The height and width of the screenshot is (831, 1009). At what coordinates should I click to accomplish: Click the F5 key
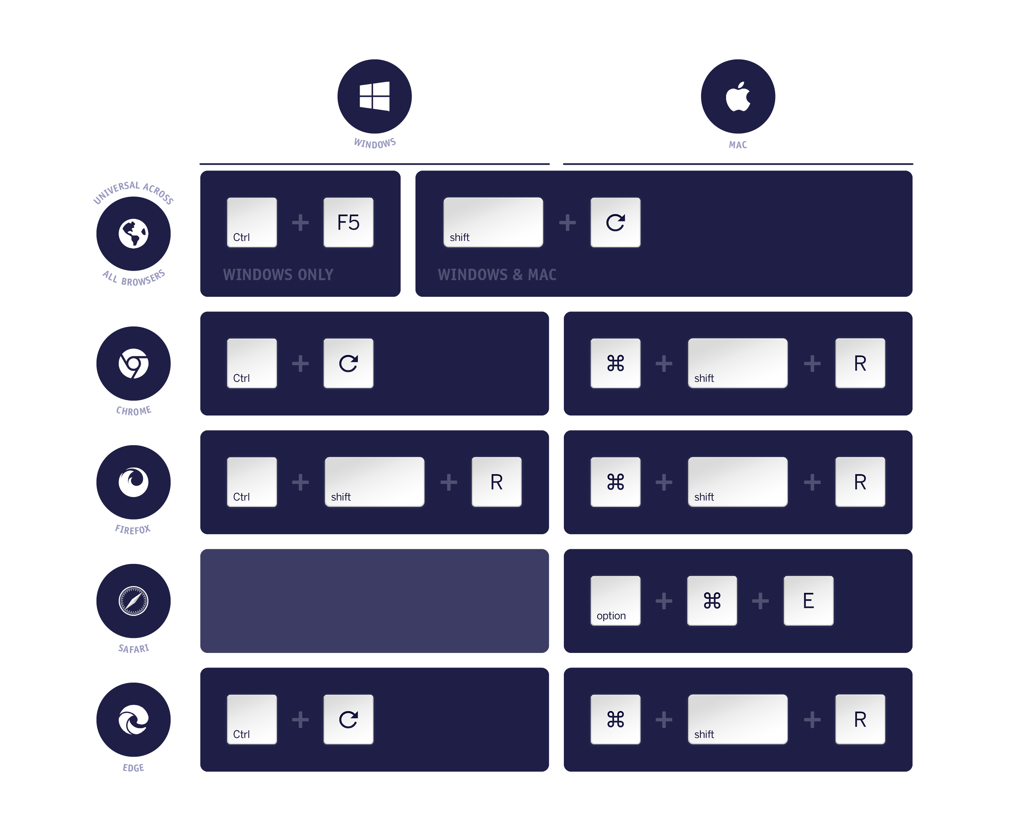coord(348,222)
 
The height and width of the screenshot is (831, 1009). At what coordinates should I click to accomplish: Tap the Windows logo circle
coord(374,96)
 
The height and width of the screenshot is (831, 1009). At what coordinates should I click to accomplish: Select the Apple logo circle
coord(738,96)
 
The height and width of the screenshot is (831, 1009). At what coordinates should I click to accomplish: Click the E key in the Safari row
coord(808,600)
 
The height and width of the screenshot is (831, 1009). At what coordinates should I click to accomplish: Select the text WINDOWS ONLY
coord(278,275)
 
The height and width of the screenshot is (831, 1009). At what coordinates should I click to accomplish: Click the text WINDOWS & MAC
coord(497,275)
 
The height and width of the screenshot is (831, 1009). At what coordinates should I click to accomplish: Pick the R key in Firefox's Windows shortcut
coord(496,482)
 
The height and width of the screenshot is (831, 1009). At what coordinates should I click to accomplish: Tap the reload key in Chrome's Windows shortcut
coord(348,363)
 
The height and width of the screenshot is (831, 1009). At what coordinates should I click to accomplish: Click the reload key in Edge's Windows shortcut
coord(348,719)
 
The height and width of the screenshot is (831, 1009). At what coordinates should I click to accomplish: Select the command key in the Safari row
coord(712,600)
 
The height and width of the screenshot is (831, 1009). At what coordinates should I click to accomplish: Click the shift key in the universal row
coord(493,222)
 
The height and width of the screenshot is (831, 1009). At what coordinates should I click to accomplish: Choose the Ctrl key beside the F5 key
coord(252,222)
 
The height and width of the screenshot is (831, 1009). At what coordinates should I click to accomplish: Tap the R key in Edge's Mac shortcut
coord(860,719)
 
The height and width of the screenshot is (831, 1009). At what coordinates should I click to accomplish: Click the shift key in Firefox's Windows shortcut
coord(374,482)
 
